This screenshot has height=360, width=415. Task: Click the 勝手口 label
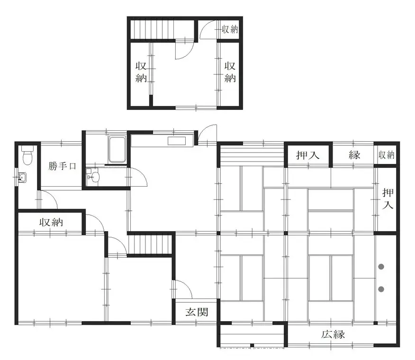point(63,166)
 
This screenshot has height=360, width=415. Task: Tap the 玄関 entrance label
point(196,312)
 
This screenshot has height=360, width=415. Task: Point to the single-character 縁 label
point(355,155)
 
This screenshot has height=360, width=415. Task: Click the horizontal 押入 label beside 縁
point(308,155)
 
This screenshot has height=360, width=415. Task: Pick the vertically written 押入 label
point(388,199)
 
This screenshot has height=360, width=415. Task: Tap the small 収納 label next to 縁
point(387,155)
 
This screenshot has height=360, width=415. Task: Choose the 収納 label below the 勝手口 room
point(51,222)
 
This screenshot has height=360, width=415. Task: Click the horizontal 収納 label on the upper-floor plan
point(230,29)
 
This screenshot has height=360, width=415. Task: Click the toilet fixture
point(27,154)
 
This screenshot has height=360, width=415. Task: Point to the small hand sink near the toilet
point(21,178)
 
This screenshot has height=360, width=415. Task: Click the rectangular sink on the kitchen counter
point(178,141)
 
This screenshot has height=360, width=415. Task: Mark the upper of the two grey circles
point(381,267)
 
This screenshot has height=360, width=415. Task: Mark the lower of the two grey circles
point(381,288)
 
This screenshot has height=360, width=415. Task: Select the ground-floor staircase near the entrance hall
point(149,244)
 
